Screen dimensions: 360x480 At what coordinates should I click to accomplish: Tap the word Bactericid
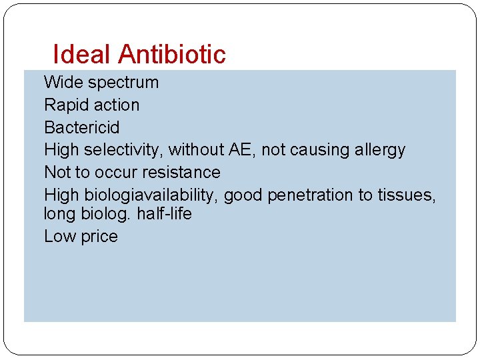[82, 127]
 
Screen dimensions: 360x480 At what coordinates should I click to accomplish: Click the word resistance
[181, 172]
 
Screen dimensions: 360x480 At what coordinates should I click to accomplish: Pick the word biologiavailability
[149, 195]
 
